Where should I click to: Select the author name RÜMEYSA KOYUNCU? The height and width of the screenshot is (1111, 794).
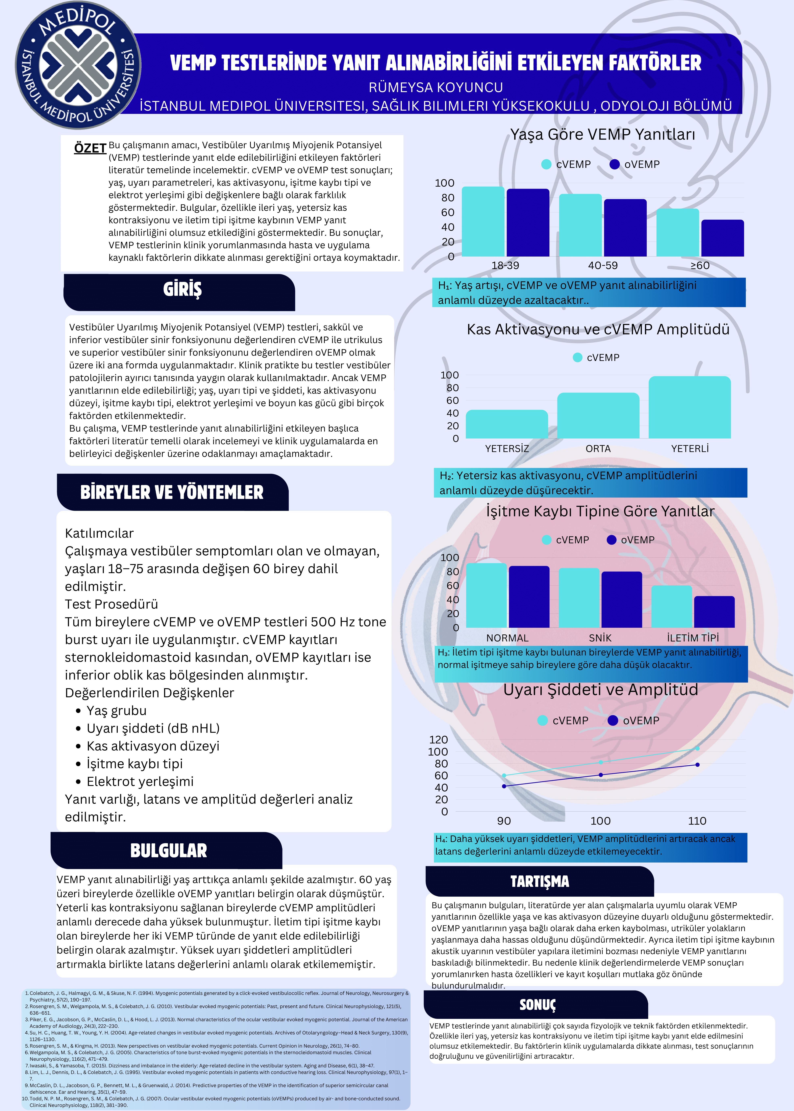coord(436,87)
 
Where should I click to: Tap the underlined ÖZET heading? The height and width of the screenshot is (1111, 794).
coord(90,148)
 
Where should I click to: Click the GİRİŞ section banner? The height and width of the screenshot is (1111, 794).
coord(182,290)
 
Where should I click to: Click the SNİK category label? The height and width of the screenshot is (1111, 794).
coord(600,638)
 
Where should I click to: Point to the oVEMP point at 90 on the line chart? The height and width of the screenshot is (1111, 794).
coord(504,786)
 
